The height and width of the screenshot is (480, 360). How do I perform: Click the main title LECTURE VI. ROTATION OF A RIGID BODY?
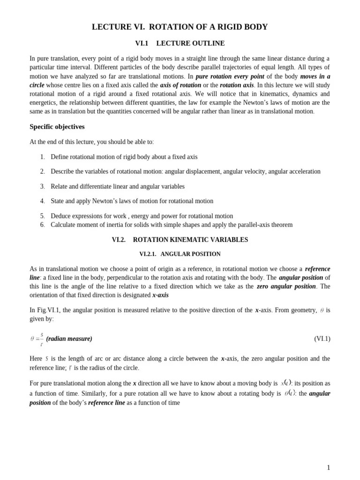(180, 27)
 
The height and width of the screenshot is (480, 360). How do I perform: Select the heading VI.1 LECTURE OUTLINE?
(180, 44)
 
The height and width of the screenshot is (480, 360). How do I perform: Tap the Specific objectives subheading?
(57, 127)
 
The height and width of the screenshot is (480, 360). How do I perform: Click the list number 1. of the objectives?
(42, 157)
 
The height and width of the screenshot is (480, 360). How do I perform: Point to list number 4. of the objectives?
(42, 201)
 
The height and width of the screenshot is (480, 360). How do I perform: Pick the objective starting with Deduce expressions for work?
(142, 216)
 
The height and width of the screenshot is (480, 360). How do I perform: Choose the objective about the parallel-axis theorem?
(171, 225)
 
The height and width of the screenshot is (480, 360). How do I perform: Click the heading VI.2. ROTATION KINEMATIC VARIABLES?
(180, 240)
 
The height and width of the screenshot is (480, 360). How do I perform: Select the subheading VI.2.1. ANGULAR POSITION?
(180, 254)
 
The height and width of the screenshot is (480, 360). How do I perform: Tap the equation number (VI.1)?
(322, 339)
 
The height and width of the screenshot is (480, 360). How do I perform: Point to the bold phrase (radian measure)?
(69, 339)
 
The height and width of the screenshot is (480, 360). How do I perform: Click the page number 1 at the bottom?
(329, 467)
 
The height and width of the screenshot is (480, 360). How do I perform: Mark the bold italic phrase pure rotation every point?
(230, 76)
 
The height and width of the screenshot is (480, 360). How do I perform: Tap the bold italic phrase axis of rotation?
(180, 85)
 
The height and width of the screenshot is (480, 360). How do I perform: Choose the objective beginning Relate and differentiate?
(117, 187)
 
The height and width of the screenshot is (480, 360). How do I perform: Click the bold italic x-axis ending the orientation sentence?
(160, 295)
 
